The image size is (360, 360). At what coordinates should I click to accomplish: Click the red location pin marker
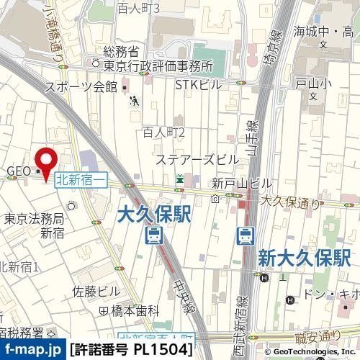click(48, 162)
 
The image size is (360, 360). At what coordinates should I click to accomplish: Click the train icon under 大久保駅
click(153, 235)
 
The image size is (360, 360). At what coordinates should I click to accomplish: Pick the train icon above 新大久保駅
click(246, 235)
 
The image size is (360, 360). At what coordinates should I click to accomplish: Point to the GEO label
click(17, 171)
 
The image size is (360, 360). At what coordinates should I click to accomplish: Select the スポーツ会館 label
click(81, 87)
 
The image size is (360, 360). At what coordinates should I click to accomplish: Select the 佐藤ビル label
click(96, 291)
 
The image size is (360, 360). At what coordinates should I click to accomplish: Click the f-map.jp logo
click(32, 351)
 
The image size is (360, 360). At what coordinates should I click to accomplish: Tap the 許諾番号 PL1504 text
click(131, 351)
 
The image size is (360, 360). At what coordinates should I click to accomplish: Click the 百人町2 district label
click(163, 132)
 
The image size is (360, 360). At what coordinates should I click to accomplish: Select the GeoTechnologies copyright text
click(307, 352)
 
